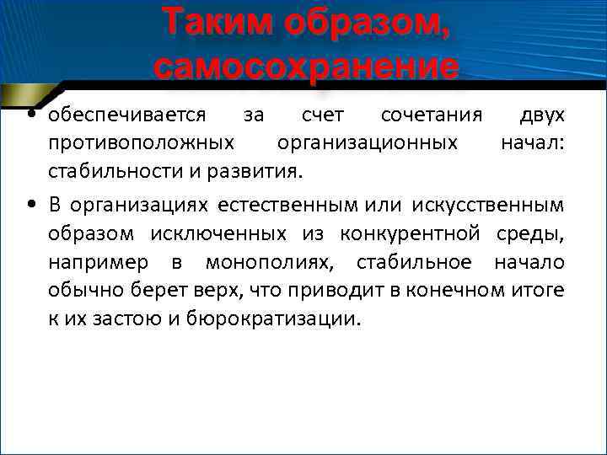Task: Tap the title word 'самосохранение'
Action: click(307, 66)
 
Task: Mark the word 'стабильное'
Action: click(420, 262)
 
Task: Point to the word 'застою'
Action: click(133, 320)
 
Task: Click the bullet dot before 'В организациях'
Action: click(30, 204)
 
